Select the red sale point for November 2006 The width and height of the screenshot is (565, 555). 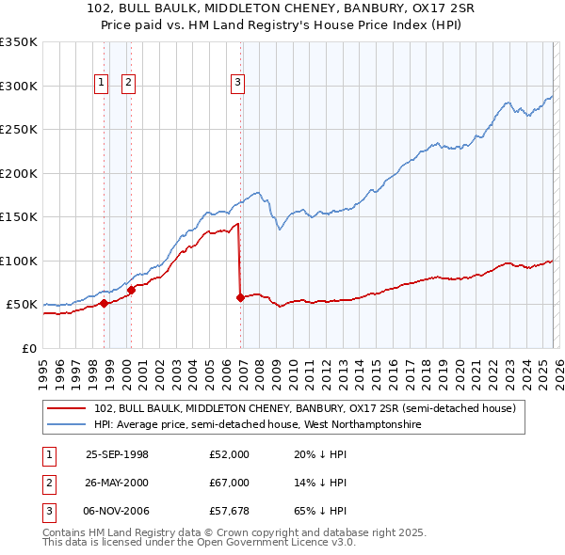240,298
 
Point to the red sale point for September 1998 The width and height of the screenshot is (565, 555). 104,303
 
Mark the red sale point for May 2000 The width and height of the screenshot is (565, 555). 132,290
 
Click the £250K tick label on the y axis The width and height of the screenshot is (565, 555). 19,130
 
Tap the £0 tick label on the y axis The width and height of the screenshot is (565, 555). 29,349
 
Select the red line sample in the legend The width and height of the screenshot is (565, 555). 68,409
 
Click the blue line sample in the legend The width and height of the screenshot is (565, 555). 68,425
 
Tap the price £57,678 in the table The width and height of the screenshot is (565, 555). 230,511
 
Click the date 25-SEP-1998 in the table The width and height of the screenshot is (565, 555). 118,454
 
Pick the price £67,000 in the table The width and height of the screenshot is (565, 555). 230,483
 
